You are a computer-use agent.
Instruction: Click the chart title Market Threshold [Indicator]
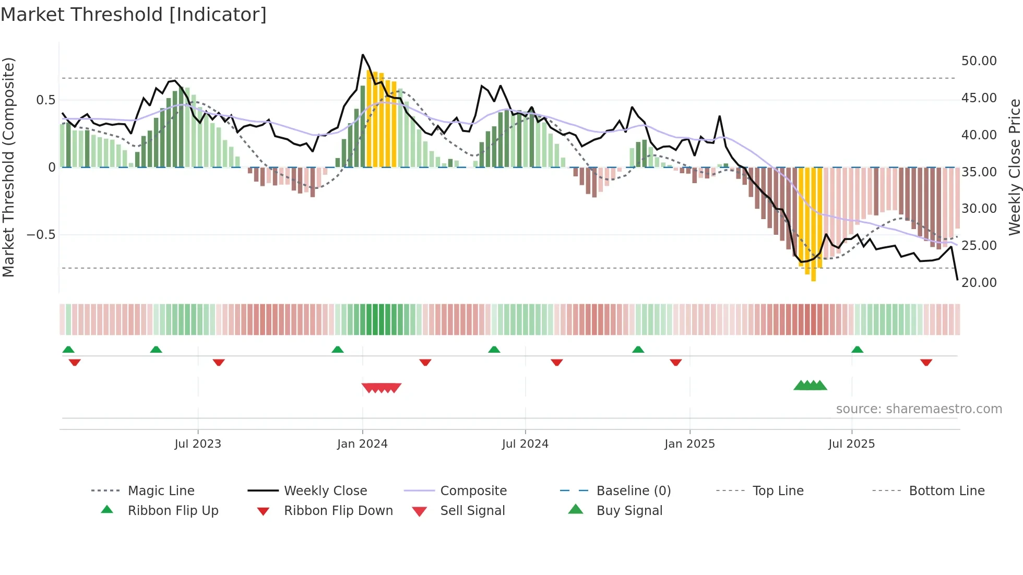click(134, 15)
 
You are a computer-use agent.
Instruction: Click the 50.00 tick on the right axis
click(979, 61)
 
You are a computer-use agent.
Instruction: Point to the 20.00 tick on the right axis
click(979, 282)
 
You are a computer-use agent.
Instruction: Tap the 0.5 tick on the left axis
click(45, 100)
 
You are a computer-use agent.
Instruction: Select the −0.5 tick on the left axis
click(41, 234)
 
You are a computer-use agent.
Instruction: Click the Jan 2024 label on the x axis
click(362, 444)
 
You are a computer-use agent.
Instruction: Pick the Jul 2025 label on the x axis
click(851, 444)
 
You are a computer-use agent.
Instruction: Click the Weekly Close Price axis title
click(1014, 167)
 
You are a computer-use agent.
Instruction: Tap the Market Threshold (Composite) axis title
click(8, 167)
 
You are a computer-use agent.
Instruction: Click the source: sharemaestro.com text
click(919, 409)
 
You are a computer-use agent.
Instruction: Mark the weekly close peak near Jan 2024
click(363, 55)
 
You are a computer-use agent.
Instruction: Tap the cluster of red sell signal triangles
click(382, 388)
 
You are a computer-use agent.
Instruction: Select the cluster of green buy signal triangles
click(810, 386)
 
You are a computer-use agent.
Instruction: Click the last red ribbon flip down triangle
click(926, 362)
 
